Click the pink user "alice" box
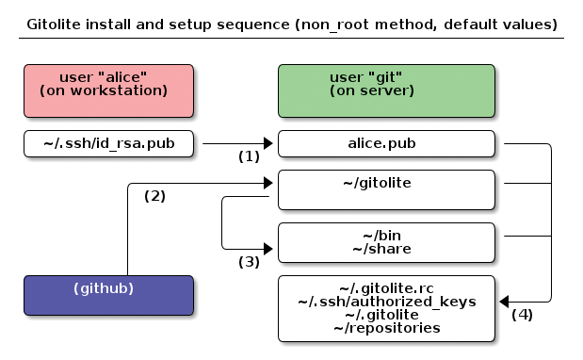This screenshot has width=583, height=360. coord(108,90)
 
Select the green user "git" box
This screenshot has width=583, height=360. coord(386,90)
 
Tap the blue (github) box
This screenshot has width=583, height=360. coord(108,295)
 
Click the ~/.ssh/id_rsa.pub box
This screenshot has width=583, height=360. coord(108,144)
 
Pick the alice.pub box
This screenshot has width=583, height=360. coord(386,144)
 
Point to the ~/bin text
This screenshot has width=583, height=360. coord(386,236)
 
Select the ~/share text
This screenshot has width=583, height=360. coord(386,249)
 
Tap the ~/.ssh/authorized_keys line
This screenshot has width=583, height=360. coord(386,302)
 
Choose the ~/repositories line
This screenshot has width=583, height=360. coord(386,328)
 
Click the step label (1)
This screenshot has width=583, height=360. coord(249,156)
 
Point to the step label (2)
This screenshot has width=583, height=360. coord(154,196)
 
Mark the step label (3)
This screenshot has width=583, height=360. coord(249,262)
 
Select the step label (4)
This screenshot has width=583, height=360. coord(522,315)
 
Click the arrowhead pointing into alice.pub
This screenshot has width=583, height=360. coord(268,144)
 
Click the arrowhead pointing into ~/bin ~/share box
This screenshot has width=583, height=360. coord(268,249)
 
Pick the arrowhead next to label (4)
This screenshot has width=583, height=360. coord(503,302)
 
